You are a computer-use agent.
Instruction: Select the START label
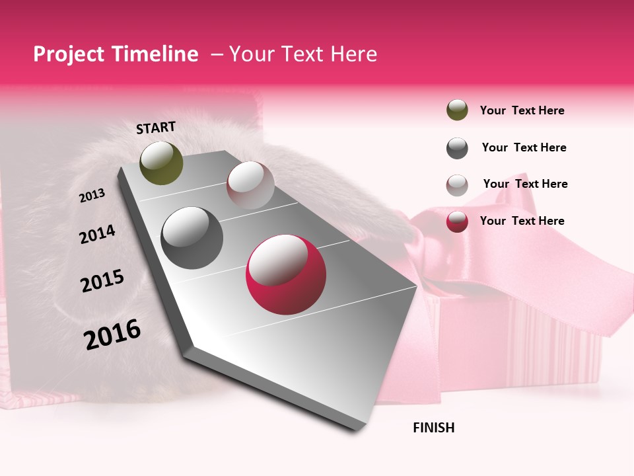[156, 128]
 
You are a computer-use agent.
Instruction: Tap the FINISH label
[433, 428]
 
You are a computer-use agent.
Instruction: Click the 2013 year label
[92, 195]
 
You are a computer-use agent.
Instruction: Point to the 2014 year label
[97, 234]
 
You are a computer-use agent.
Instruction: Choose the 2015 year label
[102, 281]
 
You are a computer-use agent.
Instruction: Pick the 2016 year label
[112, 334]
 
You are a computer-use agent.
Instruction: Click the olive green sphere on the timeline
[162, 163]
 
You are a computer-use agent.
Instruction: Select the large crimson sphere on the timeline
[286, 274]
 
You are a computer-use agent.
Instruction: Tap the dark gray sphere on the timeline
[192, 238]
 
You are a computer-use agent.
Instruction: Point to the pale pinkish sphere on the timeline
[250, 185]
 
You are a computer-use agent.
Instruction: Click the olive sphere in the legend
[457, 110]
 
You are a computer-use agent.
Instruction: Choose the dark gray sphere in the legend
[457, 148]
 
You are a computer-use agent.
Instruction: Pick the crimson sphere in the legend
[457, 221]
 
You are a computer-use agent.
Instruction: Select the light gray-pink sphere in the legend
[457, 184]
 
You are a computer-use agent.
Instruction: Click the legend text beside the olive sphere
[522, 110]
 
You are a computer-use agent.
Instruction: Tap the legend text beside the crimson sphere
[522, 221]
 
